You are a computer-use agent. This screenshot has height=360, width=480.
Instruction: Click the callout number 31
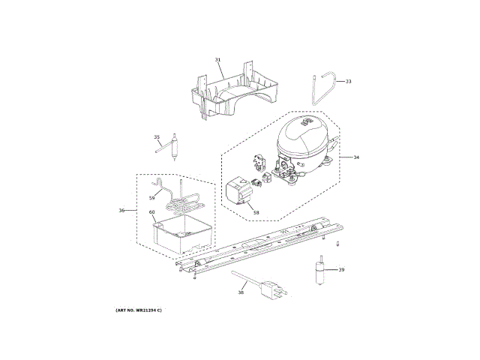click(218, 59)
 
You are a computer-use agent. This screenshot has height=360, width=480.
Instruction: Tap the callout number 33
click(348, 81)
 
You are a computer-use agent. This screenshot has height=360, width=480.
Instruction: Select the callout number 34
click(356, 157)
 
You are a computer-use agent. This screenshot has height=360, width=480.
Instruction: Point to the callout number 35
click(157, 136)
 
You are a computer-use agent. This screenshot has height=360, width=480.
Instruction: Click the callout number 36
click(121, 210)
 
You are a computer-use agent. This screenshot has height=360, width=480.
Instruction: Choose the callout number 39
click(341, 270)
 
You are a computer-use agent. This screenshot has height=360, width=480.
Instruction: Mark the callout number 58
click(256, 213)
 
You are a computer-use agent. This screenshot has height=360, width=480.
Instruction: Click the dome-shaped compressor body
click(302, 139)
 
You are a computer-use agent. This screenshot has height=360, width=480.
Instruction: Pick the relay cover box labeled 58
click(238, 192)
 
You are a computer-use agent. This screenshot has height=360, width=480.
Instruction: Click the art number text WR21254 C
click(139, 310)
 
